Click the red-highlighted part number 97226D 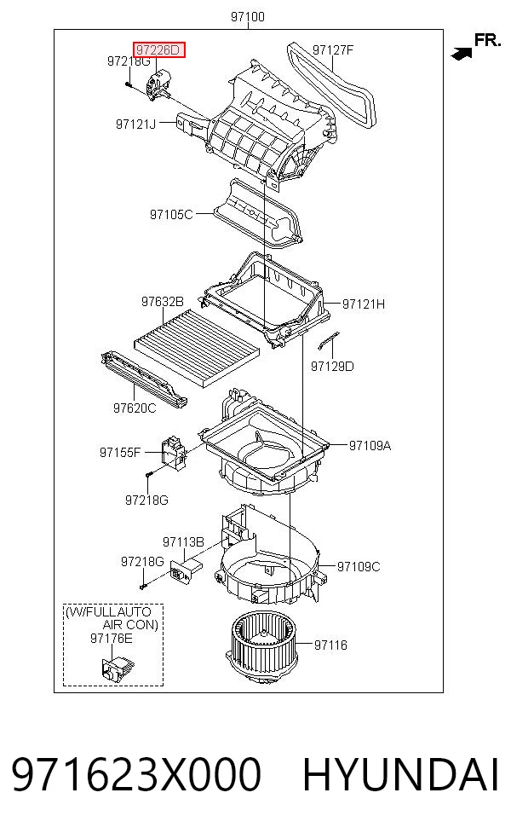[x=158, y=50]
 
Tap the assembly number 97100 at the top [x=248, y=17]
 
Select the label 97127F [x=332, y=49]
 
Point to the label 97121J [x=135, y=124]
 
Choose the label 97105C [x=171, y=215]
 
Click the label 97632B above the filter [x=163, y=302]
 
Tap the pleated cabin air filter [x=197, y=347]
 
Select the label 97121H [x=364, y=304]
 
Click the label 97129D [x=332, y=367]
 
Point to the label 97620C [x=135, y=408]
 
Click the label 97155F [x=120, y=453]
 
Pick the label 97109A [x=370, y=445]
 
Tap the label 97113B [x=183, y=542]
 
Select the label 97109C [x=359, y=566]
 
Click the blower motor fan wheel [x=262, y=649]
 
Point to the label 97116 [x=330, y=645]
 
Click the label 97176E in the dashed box [x=112, y=639]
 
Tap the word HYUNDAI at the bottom [x=401, y=775]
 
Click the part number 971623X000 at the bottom [x=136, y=775]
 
